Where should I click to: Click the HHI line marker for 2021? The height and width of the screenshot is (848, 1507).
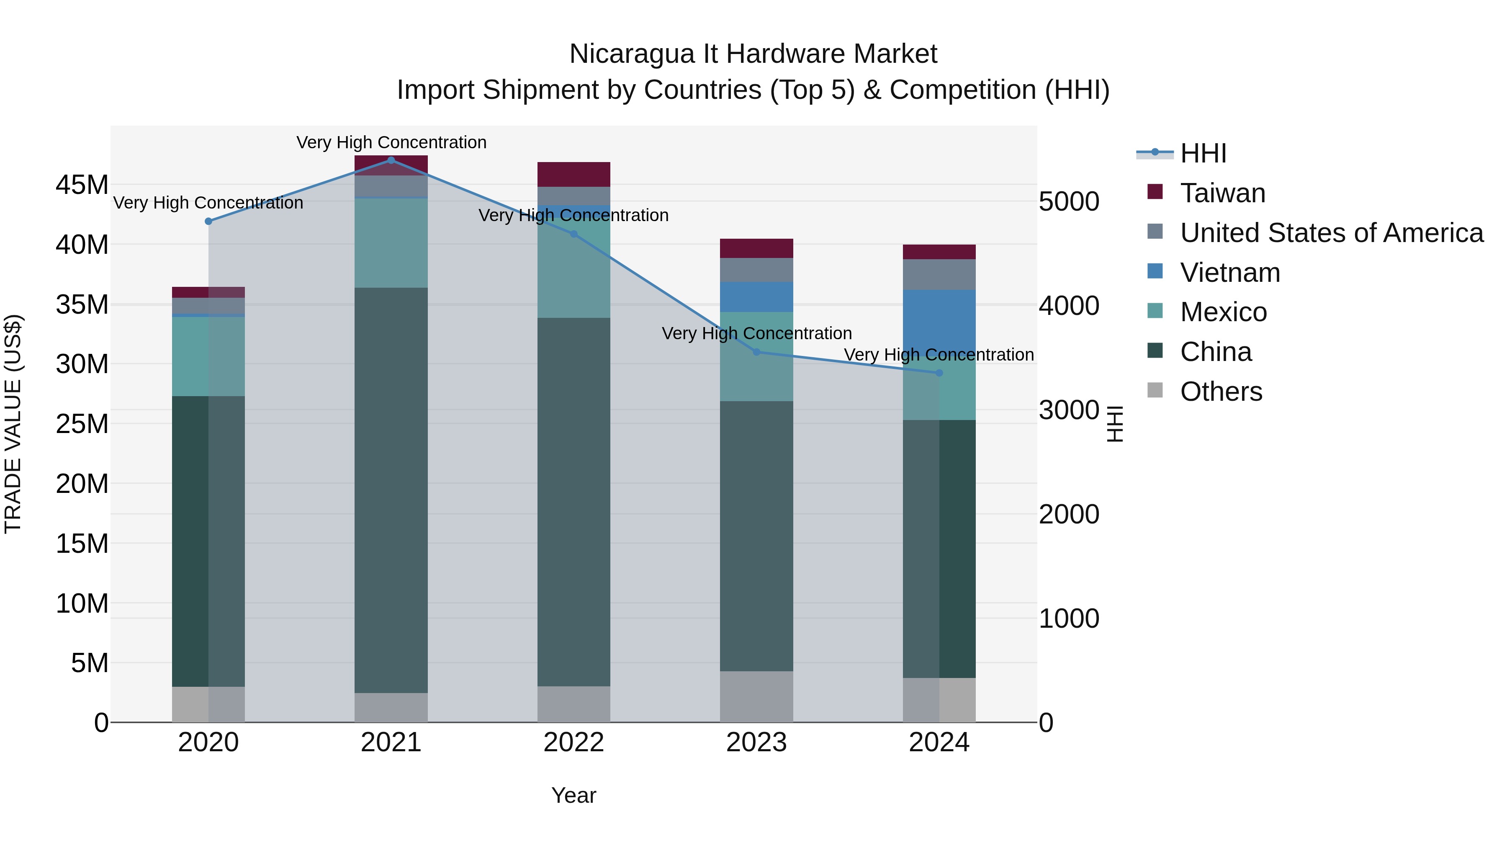[x=391, y=160]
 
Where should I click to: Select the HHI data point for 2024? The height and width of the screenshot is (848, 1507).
[x=939, y=373]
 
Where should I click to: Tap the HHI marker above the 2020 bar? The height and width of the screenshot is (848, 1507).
[x=208, y=221]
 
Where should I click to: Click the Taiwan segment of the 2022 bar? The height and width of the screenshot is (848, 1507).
[x=573, y=174]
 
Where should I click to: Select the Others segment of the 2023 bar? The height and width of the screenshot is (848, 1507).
[x=756, y=696]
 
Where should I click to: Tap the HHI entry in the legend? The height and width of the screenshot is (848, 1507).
[x=1203, y=153]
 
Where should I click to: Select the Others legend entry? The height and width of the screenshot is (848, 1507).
[x=1220, y=392]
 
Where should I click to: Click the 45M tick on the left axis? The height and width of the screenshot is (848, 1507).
[x=82, y=185]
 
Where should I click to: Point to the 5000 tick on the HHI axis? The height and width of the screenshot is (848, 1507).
[x=1069, y=201]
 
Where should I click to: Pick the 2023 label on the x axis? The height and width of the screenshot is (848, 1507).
[x=756, y=742]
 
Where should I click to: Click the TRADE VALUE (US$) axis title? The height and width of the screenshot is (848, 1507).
[x=13, y=424]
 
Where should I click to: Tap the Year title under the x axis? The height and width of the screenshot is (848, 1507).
[x=573, y=795]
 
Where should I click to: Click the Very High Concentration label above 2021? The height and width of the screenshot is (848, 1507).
[x=391, y=142]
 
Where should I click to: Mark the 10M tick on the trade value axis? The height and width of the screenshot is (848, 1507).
[x=82, y=603]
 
